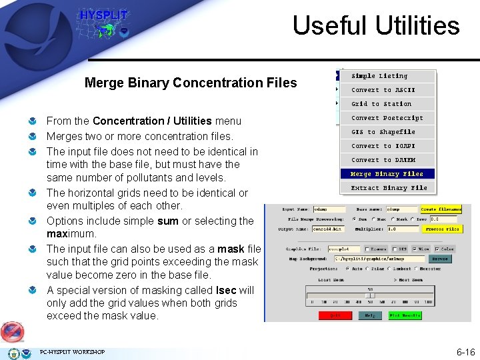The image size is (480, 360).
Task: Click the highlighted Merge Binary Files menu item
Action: [x=387, y=174]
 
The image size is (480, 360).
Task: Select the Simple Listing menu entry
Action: [x=379, y=76]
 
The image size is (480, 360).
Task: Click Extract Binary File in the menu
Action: [x=389, y=188]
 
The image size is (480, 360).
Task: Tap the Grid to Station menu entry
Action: [x=381, y=104]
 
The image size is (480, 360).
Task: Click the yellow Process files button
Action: [x=443, y=229]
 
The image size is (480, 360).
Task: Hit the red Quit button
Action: [x=335, y=315]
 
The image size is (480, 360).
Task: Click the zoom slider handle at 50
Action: [x=371, y=295]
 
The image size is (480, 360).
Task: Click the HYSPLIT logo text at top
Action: [x=103, y=15]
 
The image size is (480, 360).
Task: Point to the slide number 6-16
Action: [x=465, y=351]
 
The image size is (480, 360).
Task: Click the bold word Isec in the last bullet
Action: [x=226, y=290]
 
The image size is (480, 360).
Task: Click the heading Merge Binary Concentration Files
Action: [x=191, y=83]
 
